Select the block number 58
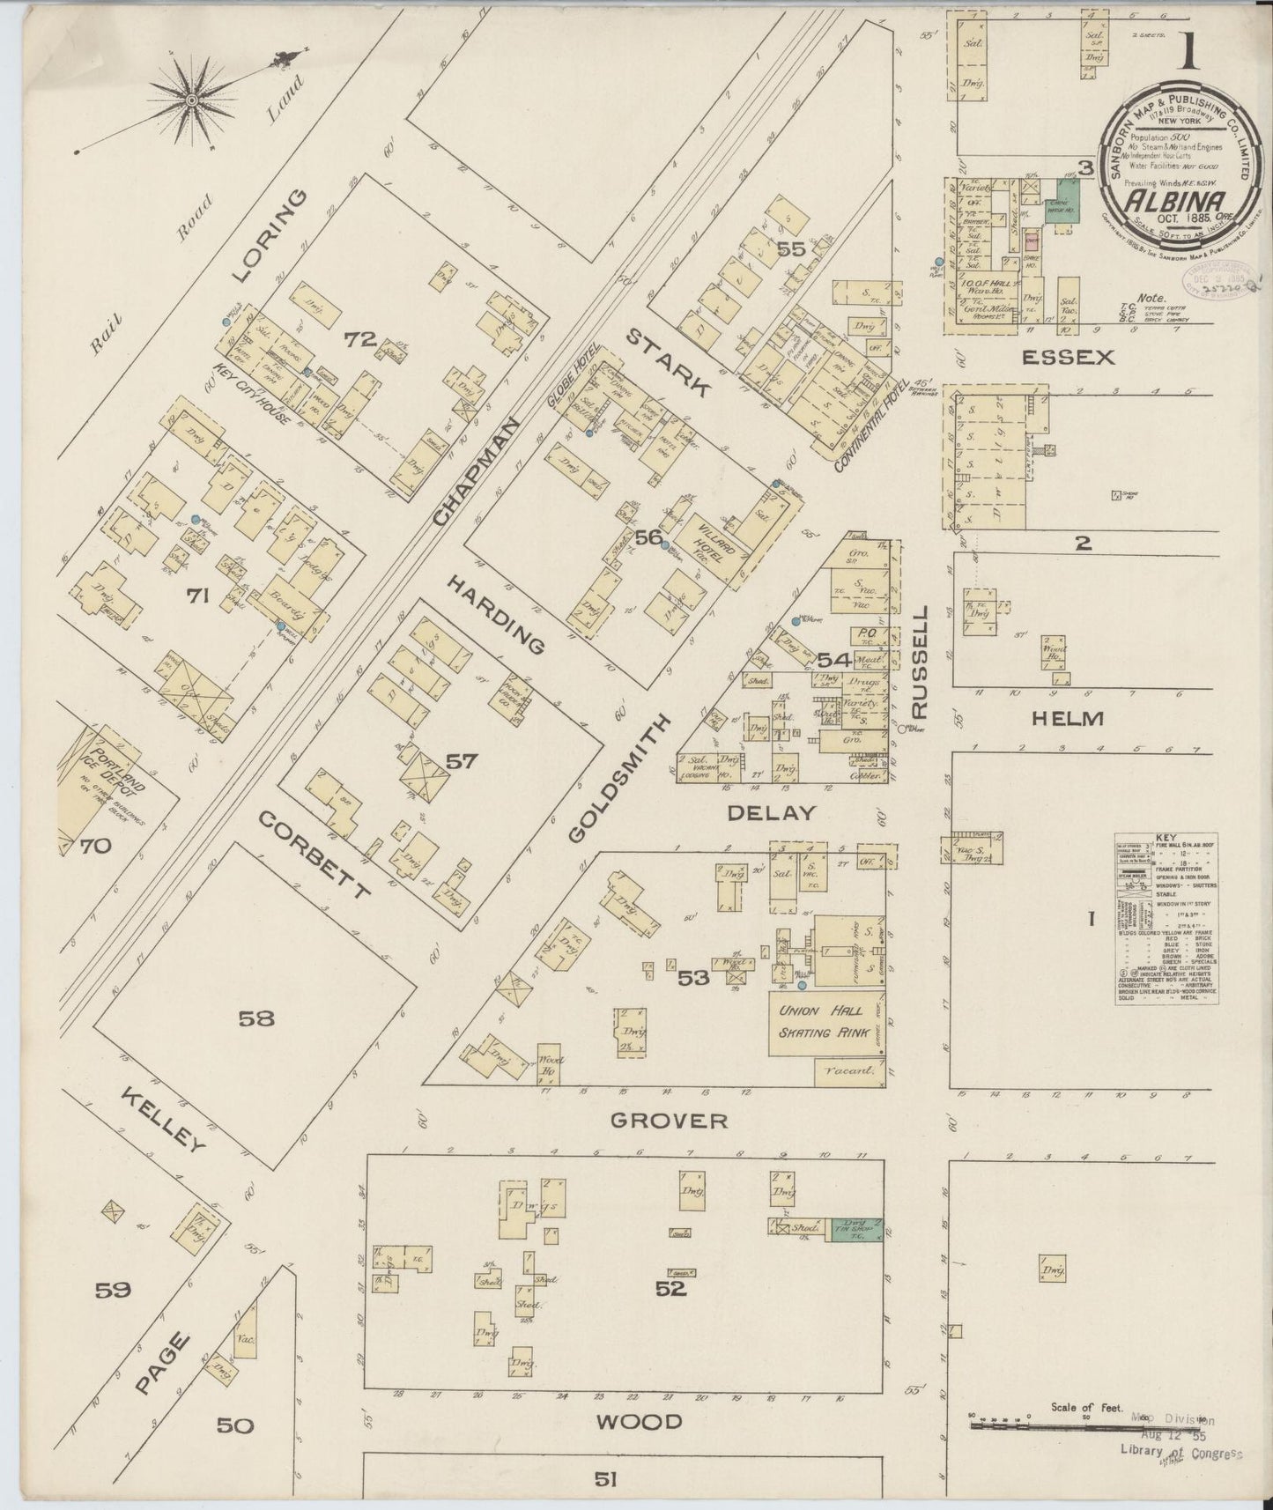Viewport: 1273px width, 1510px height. tap(256, 1018)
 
